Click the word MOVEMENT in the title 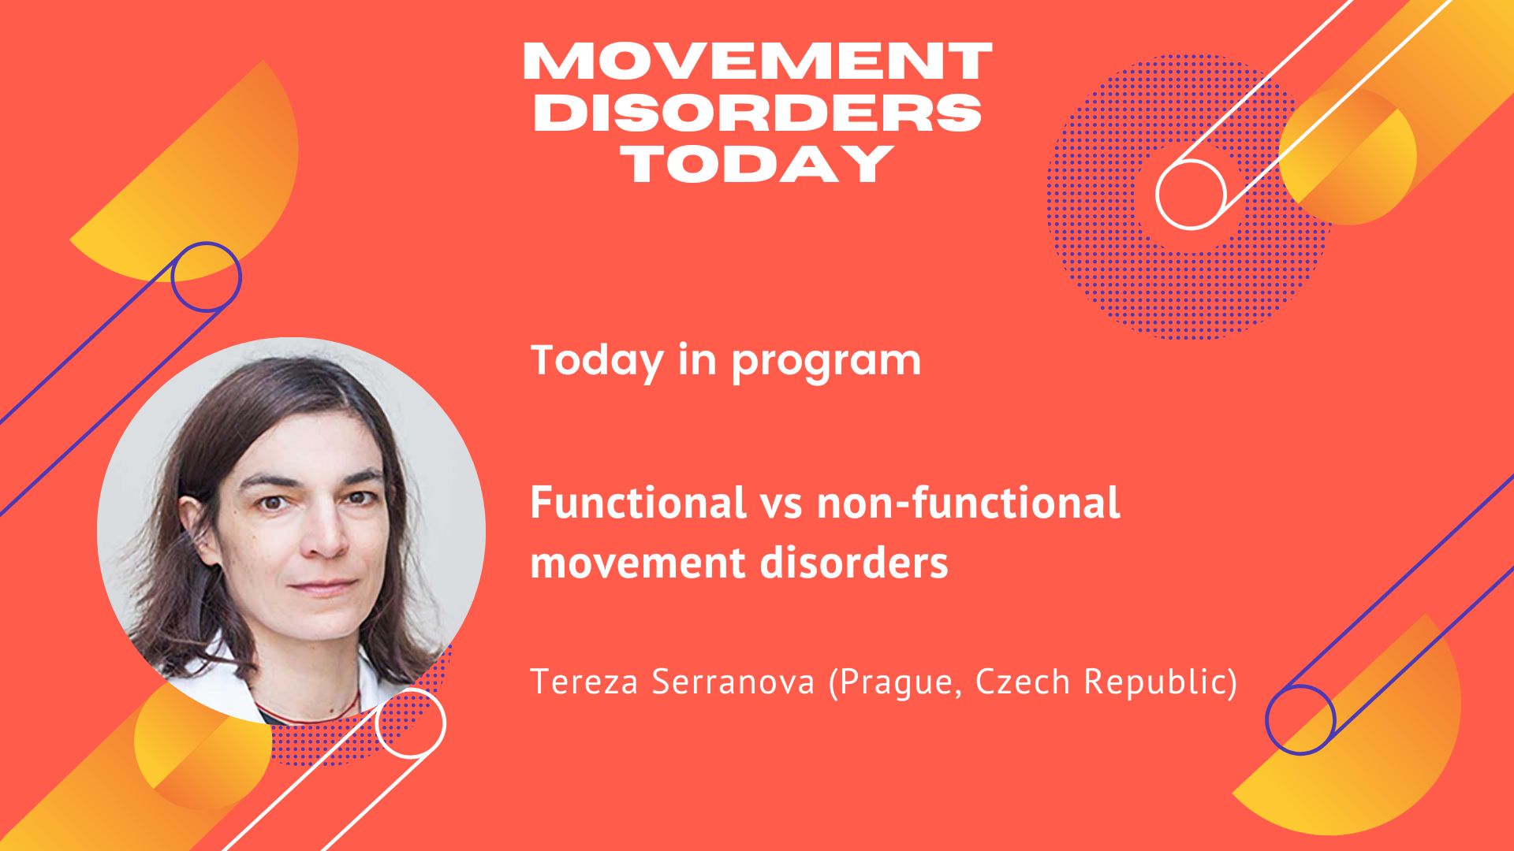point(757,61)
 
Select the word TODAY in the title point(757,163)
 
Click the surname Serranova point(733,682)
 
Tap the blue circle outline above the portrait point(172,277)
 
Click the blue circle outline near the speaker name point(1268,720)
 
